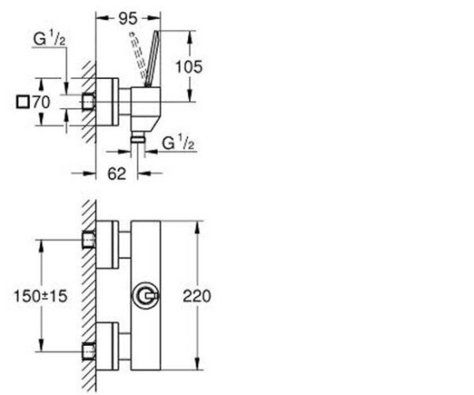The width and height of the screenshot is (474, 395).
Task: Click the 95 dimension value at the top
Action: click(x=128, y=19)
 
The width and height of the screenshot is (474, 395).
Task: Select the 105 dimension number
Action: click(x=189, y=67)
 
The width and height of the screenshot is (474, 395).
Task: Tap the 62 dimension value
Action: click(x=117, y=173)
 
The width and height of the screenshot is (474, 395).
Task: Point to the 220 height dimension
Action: click(x=197, y=296)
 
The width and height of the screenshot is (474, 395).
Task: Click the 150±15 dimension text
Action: click(x=40, y=296)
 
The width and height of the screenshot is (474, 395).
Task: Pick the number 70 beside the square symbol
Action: click(x=41, y=102)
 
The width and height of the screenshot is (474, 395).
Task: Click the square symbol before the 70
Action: click(x=22, y=102)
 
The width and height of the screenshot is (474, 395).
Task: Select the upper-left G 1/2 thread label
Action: click(x=49, y=39)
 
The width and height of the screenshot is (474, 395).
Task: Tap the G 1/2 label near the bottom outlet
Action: click(x=178, y=143)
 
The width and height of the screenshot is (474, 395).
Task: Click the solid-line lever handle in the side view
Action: click(x=152, y=59)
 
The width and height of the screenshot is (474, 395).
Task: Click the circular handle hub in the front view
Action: click(x=145, y=295)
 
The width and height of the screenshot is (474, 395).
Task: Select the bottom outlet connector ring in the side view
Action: click(x=137, y=139)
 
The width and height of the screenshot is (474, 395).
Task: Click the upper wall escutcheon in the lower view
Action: click(x=107, y=244)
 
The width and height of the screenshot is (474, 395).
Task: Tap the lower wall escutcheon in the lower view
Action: click(x=107, y=346)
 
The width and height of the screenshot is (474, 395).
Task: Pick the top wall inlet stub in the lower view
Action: click(x=89, y=240)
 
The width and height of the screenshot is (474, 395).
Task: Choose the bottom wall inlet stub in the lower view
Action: click(x=89, y=352)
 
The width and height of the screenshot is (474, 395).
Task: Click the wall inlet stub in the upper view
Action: click(x=89, y=101)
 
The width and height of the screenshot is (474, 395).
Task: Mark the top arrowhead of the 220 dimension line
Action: click(x=197, y=227)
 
